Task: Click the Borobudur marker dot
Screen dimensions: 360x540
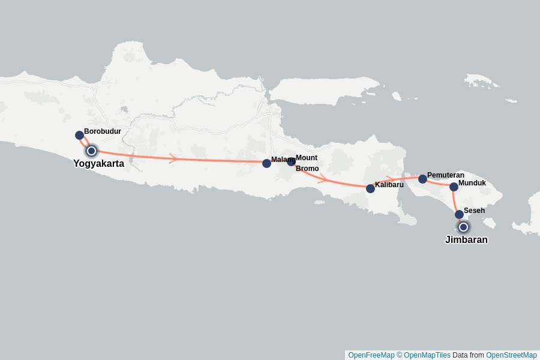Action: click(x=79, y=135)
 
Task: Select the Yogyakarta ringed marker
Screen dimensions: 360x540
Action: click(x=91, y=151)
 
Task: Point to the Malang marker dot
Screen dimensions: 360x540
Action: click(x=266, y=163)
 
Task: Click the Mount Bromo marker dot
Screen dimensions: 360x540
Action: click(x=291, y=161)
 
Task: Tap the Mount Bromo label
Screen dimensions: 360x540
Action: click(x=307, y=163)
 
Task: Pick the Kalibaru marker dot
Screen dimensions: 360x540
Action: click(x=370, y=188)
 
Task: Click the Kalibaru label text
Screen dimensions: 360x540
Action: click(x=389, y=185)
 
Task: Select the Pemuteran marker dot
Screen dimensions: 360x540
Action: click(x=422, y=179)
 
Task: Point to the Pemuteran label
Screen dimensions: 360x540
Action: click(x=446, y=175)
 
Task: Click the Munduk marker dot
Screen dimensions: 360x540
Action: click(x=454, y=187)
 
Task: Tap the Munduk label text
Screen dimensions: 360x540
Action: click(x=472, y=183)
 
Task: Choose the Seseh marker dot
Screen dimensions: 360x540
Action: click(x=459, y=214)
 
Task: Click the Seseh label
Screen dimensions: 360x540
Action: click(x=475, y=211)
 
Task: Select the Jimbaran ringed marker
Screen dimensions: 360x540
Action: click(x=463, y=227)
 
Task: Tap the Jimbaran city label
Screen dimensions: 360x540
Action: click(x=466, y=240)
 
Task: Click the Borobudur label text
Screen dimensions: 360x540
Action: click(x=103, y=131)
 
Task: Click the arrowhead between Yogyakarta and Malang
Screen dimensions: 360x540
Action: click(x=173, y=158)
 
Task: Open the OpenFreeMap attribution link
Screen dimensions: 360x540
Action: click(x=371, y=355)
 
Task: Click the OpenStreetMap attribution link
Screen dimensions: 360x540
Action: click(x=511, y=355)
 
